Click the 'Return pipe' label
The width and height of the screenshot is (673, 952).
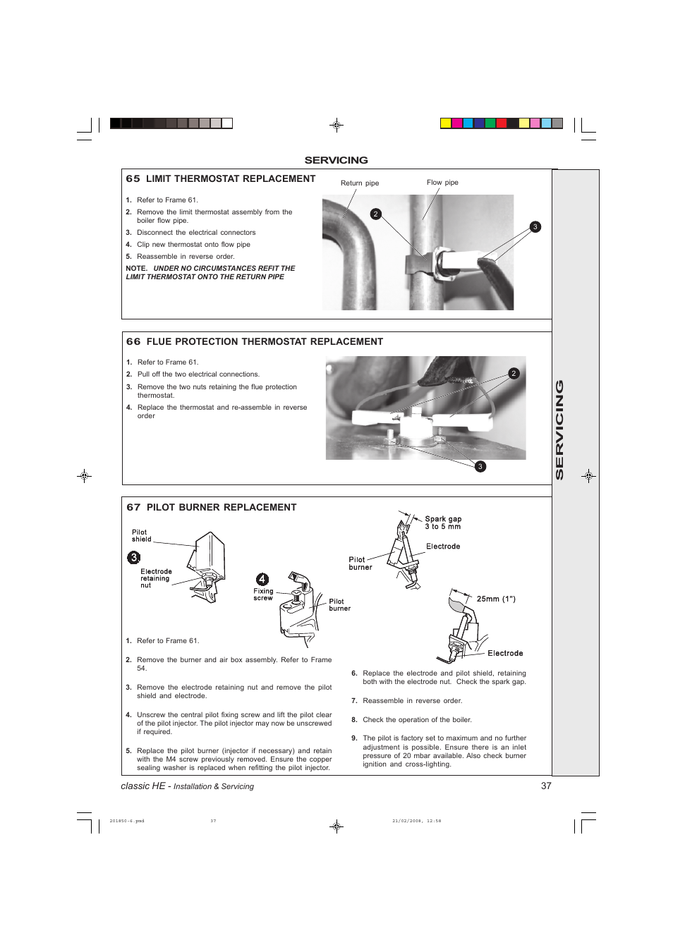359,183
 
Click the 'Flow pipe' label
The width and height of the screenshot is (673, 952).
442,183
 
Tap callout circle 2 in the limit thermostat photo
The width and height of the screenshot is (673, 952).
376,214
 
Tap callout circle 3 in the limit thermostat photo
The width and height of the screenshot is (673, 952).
535,227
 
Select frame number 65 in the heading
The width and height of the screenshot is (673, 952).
133,179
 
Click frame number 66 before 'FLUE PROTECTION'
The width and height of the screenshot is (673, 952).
133,342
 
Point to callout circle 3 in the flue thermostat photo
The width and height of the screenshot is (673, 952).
480,467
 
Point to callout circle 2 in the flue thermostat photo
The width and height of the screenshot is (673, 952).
514,374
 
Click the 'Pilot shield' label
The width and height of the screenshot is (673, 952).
141,536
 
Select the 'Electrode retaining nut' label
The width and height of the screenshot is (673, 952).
155,578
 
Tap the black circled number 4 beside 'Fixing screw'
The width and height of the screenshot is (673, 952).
262,580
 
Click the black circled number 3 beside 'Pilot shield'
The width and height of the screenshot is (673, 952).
134,558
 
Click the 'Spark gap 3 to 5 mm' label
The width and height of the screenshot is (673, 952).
443,523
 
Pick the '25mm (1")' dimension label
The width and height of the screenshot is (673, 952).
496,599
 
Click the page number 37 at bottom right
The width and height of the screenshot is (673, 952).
546,786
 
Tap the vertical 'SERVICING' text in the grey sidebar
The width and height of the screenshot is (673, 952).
560,430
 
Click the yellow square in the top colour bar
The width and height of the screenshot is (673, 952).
446,123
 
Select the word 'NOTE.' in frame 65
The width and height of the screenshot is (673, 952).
137,269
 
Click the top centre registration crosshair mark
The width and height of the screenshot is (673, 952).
337,126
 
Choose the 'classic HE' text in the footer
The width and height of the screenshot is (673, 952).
143,786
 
